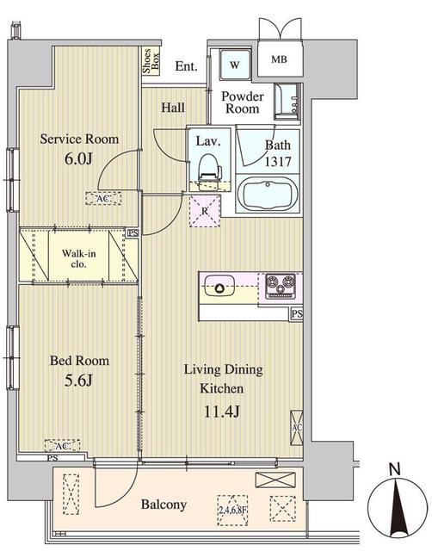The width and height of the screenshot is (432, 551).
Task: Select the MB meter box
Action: (x=281, y=59)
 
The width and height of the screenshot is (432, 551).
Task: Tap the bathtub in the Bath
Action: (x=267, y=194)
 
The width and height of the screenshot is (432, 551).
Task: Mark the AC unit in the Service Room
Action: (x=103, y=198)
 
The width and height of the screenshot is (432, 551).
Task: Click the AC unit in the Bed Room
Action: (x=61, y=446)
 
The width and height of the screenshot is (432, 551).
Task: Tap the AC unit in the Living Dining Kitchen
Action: (x=297, y=426)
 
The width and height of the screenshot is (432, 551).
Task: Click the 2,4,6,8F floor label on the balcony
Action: (x=232, y=508)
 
